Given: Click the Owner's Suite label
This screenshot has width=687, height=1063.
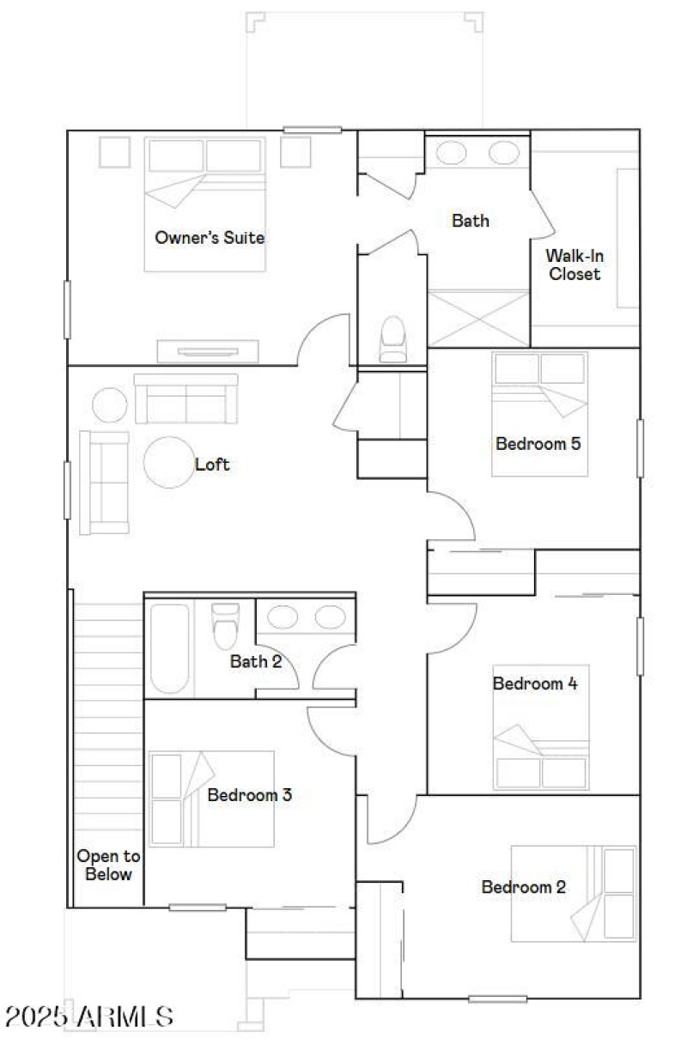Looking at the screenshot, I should tap(210, 237).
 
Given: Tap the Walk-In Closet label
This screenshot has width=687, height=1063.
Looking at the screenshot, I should tap(575, 264).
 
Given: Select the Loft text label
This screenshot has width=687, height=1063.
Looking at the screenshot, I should tap(212, 465).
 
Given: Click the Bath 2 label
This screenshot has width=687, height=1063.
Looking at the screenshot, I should tap(256, 661).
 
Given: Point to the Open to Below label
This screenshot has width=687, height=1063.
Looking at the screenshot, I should tap(108, 866).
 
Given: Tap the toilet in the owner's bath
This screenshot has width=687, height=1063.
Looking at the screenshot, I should tap(392, 338).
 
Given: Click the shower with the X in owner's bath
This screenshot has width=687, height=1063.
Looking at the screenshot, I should tap(478, 319).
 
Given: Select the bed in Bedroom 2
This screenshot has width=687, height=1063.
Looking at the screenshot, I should tap(573, 893).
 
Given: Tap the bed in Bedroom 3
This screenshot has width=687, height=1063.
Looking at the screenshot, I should tap(211, 799).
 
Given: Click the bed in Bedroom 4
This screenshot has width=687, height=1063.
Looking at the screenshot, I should tap(541, 726).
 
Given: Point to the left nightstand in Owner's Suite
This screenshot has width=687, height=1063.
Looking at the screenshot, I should tap(115, 152).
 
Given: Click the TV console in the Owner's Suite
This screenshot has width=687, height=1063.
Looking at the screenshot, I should tap(208, 351).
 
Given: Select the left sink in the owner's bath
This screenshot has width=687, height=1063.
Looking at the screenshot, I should tap(452, 153).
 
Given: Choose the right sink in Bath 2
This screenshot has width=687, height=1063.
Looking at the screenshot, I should tap(330, 617).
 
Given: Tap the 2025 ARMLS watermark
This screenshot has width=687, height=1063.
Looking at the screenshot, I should tap(89, 1017).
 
